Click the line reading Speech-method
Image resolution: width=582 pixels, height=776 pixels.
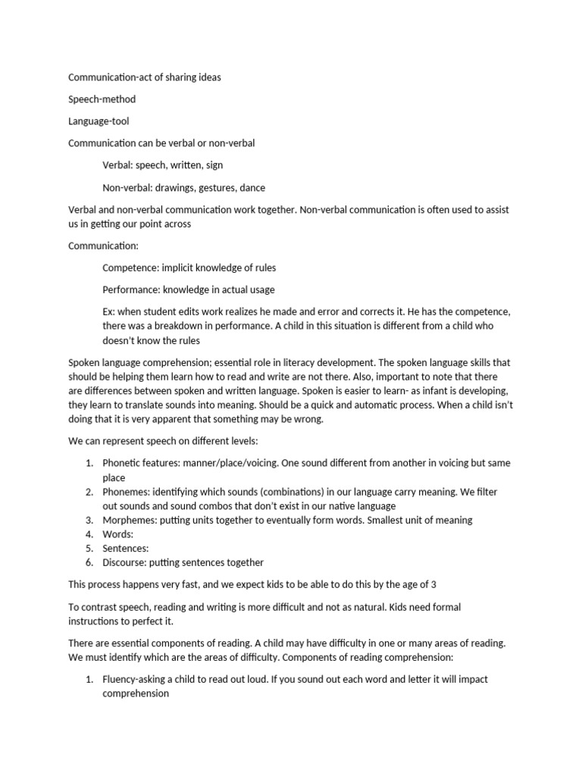coord(102,99)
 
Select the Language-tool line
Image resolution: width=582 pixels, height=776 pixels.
coord(99,121)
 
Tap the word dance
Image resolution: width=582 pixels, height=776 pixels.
coord(252,187)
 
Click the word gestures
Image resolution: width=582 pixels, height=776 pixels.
coord(214,187)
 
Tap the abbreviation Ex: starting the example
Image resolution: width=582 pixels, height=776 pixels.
coord(109,311)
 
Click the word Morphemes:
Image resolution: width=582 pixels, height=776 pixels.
coord(130,520)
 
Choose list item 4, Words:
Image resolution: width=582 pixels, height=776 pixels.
coord(117,534)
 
